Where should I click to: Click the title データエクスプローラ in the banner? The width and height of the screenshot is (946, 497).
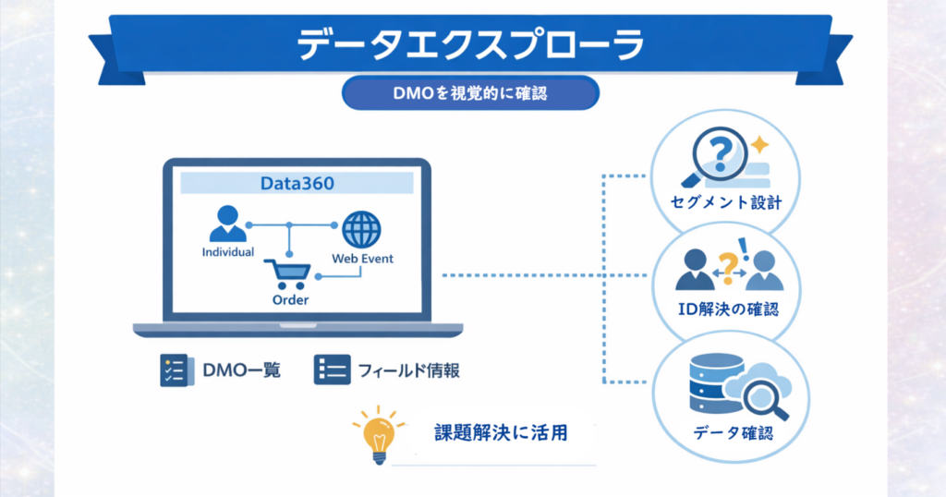tap(470, 43)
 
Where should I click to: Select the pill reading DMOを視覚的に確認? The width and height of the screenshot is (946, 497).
tap(470, 93)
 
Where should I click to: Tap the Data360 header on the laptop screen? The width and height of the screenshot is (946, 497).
tap(297, 183)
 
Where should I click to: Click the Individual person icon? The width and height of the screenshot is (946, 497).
tap(227, 224)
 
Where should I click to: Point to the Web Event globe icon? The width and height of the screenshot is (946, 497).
tap(361, 230)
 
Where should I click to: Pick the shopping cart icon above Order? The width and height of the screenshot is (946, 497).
tap(288, 274)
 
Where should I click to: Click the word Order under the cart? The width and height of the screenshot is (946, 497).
tap(290, 299)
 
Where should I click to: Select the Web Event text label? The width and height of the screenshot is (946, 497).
tap(362, 258)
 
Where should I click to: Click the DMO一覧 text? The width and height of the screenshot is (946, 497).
tap(241, 370)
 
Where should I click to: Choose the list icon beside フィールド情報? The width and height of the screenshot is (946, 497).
tap(332, 370)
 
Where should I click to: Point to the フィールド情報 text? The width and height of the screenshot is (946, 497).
tap(408, 370)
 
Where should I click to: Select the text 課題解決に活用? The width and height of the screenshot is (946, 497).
tap(501, 432)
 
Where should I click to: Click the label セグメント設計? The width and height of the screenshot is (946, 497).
tap(726, 202)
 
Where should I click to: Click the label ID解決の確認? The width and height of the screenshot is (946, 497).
tap(728, 309)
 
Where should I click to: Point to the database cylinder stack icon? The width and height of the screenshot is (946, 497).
tap(717, 383)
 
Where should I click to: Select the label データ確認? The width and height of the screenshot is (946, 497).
tap(733, 432)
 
